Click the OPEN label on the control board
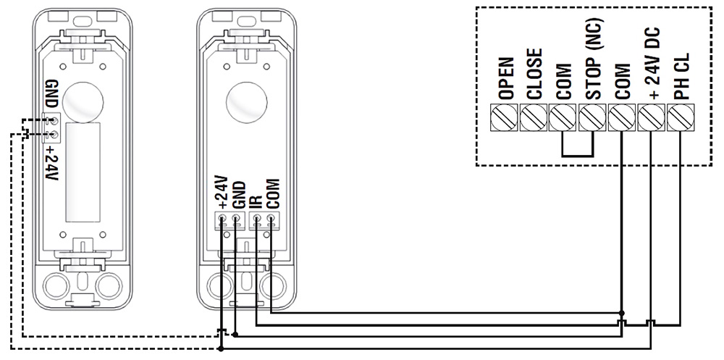(506, 78)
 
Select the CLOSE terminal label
(534, 74)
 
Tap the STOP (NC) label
(592, 67)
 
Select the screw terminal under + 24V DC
(651, 117)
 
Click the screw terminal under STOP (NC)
(592, 117)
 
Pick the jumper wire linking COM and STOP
(578, 155)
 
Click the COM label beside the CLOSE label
(564, 81)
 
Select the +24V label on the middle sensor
(222, 192)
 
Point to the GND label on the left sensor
(50, 92)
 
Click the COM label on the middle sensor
(273, 193)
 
